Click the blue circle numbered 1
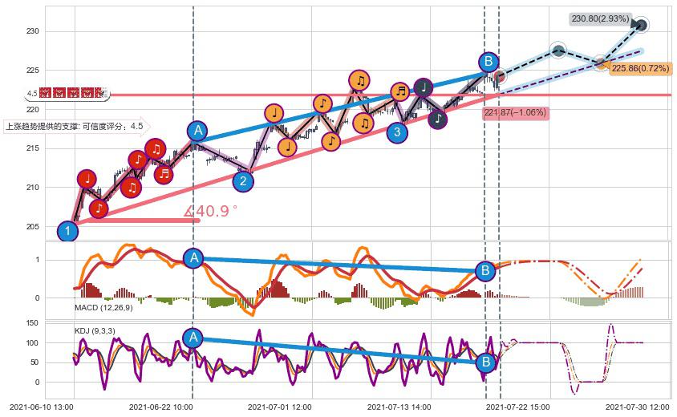(68, 232)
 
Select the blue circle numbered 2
(243, 181)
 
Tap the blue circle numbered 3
(396, 132)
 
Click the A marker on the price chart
(197, 132)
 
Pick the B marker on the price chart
(488, 62)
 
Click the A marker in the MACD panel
(193, 257)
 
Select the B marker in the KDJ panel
(485, 362)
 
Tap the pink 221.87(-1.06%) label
(514, 113)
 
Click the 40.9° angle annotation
(212, 212)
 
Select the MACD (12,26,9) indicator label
(105, 307)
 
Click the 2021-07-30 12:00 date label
(638, 407)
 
